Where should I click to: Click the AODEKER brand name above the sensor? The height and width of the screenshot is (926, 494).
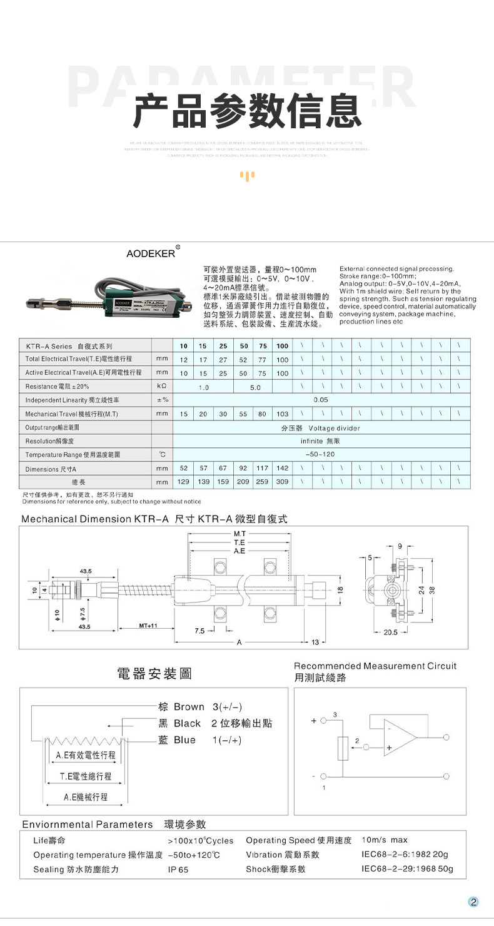click(x=151, y=253)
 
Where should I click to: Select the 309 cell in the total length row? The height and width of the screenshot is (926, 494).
click(x=283, y=482)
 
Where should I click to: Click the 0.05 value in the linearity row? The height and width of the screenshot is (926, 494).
click(x=321, y=399)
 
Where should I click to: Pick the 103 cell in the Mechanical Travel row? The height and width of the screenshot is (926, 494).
click(x=283, y=414)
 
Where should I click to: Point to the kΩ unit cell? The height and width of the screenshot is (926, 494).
click(x=162, y=387)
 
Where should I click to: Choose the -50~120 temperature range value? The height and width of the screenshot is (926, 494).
click(x=321, y=454)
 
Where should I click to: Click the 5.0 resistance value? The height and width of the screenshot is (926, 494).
click(x=255, y=387)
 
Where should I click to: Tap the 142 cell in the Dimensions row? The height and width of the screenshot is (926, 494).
click(x=283, y=468)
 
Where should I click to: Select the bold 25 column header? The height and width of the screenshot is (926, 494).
click(x=223, y=346)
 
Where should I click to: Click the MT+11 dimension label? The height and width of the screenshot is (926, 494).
click(x=148, y=625)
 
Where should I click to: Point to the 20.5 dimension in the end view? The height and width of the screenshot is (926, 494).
click(x=390, y=632)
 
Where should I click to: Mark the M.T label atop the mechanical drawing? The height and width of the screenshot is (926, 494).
click(x=238, y=534)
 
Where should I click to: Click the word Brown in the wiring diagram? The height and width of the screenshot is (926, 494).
click(x=189, y=707)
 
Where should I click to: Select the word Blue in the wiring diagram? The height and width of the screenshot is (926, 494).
click(x=184, y=740)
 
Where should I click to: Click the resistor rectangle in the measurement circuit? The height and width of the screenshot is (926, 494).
click(x=343, y=748)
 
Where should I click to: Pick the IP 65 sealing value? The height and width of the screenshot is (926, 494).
click(x=178, y=870)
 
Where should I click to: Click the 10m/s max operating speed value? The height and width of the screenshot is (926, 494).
click(x=385, y=840)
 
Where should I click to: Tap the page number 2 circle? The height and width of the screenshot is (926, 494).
click(x=473, y=902)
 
